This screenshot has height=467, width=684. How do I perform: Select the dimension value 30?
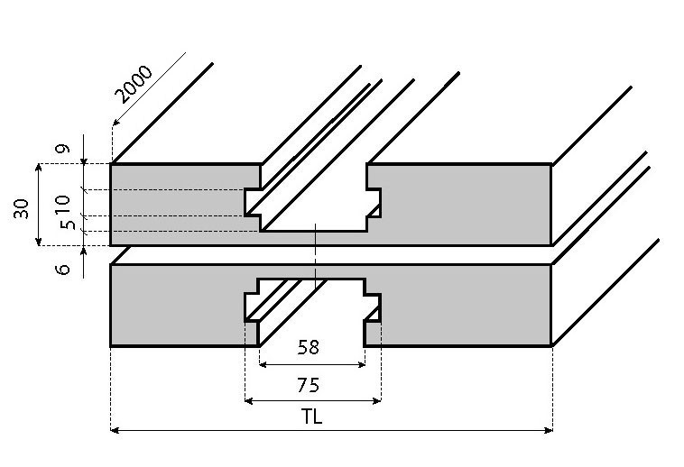[21, 208]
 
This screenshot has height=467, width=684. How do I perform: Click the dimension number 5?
[63, 224]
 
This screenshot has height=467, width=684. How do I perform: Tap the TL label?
[313, 417]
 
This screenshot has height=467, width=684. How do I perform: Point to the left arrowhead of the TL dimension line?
[115, 430]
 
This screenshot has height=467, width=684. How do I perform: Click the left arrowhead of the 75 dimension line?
[249, 400]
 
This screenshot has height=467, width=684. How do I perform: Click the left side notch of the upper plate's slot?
[253, 202]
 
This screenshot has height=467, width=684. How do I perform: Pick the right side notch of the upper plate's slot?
[374, 202]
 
